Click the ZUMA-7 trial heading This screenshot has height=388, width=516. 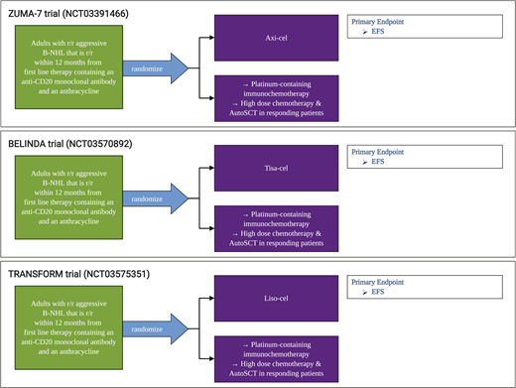74,11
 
